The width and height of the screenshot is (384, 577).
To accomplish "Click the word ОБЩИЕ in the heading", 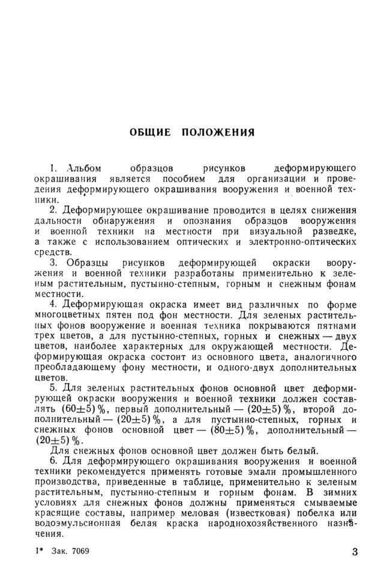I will point(150,132).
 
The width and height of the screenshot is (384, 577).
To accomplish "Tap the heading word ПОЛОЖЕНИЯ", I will point(218,132).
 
